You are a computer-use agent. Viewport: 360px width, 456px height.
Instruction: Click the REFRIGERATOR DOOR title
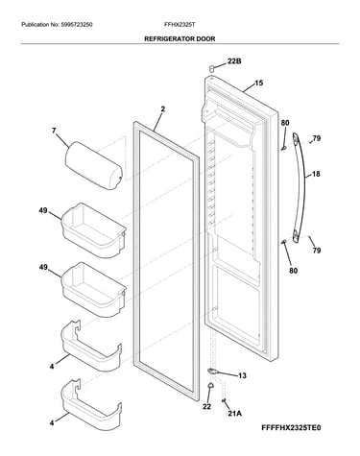pos(180,39)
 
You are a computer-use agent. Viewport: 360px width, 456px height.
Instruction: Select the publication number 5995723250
pos(77,24)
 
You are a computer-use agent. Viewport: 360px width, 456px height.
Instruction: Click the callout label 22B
pos(234,61)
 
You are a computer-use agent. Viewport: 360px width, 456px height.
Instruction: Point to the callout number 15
pos(258,84)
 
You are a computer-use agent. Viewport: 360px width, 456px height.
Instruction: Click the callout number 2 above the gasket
pos(163,109)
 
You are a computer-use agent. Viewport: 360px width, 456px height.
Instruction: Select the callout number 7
pos(54,131)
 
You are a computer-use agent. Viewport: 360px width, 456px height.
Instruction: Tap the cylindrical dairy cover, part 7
pos(93,166)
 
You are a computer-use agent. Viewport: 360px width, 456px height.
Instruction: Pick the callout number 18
pos(316,175)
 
